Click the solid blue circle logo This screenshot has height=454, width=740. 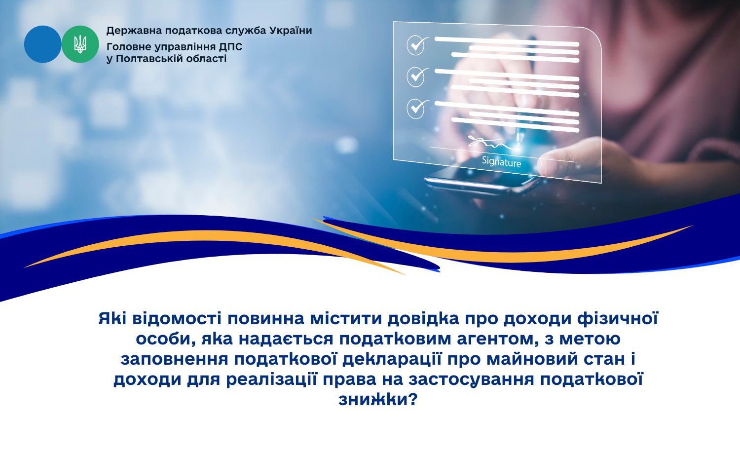(x=42, y=44)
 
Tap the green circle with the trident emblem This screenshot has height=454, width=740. (x=80, y=44)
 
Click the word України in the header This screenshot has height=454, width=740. (x=291, y=31)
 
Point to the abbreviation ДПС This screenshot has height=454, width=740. (x=230, y=47)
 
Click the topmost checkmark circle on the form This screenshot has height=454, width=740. (x=416, y=45)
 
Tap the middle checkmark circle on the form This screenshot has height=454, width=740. (x=416, y=76)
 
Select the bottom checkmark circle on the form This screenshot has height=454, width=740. (x=416, y=109)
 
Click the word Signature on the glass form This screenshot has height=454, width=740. (x=502, y=162)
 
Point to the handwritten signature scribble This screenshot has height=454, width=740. (x=489, y=143)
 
